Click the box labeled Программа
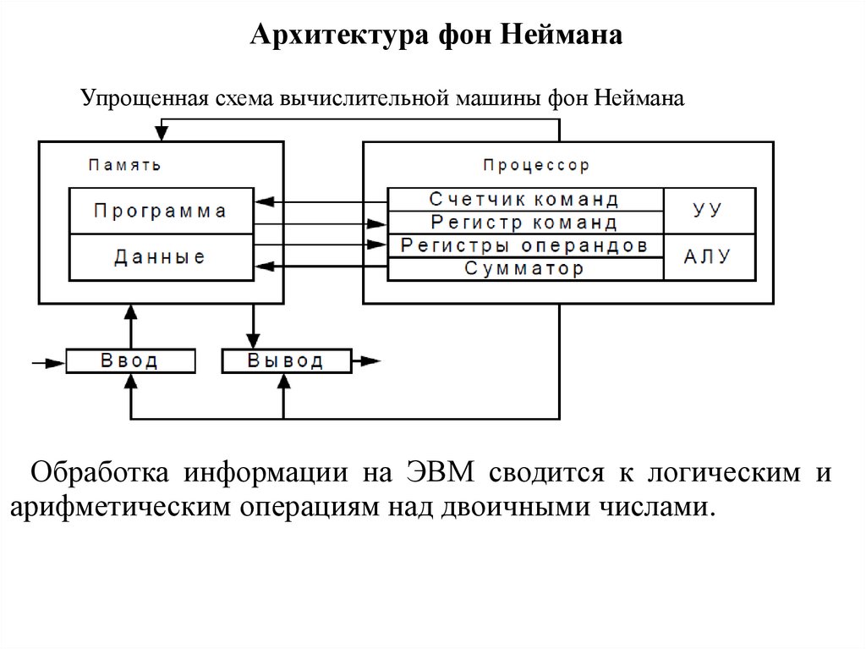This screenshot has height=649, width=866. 161,212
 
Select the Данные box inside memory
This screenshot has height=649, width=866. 161,257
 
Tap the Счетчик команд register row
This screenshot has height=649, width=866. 524,200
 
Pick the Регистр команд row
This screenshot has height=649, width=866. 524,223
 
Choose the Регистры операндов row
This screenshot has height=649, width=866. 524,246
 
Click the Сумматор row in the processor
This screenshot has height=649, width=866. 524,269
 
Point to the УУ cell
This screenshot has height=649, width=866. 708,211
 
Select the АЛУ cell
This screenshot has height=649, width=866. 708,257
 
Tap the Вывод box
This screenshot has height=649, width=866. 285,361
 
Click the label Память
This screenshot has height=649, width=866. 124,165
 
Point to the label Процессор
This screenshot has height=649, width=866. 536,165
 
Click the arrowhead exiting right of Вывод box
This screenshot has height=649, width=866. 369,361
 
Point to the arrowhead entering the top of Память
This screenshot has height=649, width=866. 161,134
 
